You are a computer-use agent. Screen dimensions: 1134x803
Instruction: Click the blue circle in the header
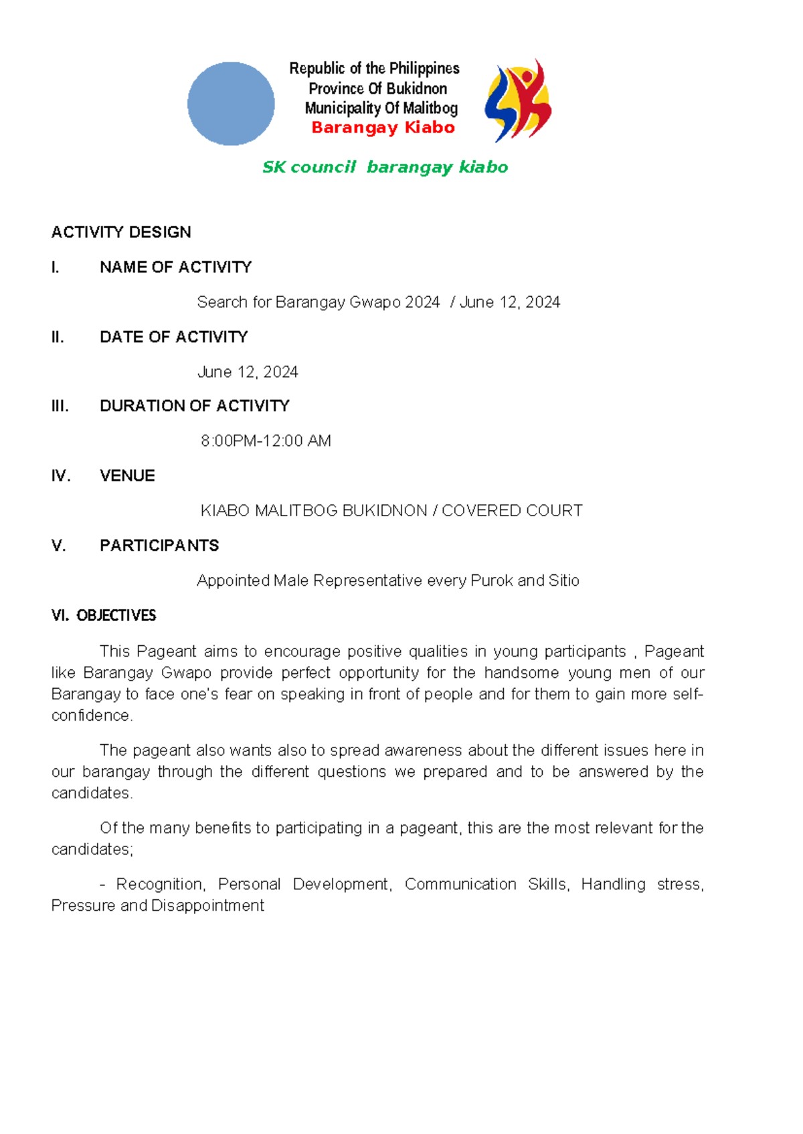point(231,104)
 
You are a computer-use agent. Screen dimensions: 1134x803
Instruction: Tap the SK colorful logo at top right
point(518,100)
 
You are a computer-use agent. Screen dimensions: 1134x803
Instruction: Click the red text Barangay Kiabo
point(383,128)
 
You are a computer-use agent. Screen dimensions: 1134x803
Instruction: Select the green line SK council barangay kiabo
point(385,167)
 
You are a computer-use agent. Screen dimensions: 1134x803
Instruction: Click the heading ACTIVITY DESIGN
point(121,232)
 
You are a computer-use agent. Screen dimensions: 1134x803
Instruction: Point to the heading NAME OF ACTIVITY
point(175,267)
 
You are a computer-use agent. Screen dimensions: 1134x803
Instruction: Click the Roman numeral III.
point(60,406)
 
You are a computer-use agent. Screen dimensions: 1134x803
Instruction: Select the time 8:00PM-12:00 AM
point(266,441)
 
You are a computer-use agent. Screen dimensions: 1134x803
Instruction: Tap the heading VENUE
point(127,475)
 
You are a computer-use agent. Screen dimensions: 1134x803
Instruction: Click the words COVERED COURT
point(512,511)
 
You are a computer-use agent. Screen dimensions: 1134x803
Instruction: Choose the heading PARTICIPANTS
point(159,546)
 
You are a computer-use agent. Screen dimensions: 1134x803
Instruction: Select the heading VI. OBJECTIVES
point(104,616)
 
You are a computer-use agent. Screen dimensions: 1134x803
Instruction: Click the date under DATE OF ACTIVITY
point(248,372)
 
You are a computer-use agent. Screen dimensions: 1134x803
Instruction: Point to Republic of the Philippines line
point(374,68)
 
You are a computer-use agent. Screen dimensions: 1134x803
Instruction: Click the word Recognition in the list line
point(159,884)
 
